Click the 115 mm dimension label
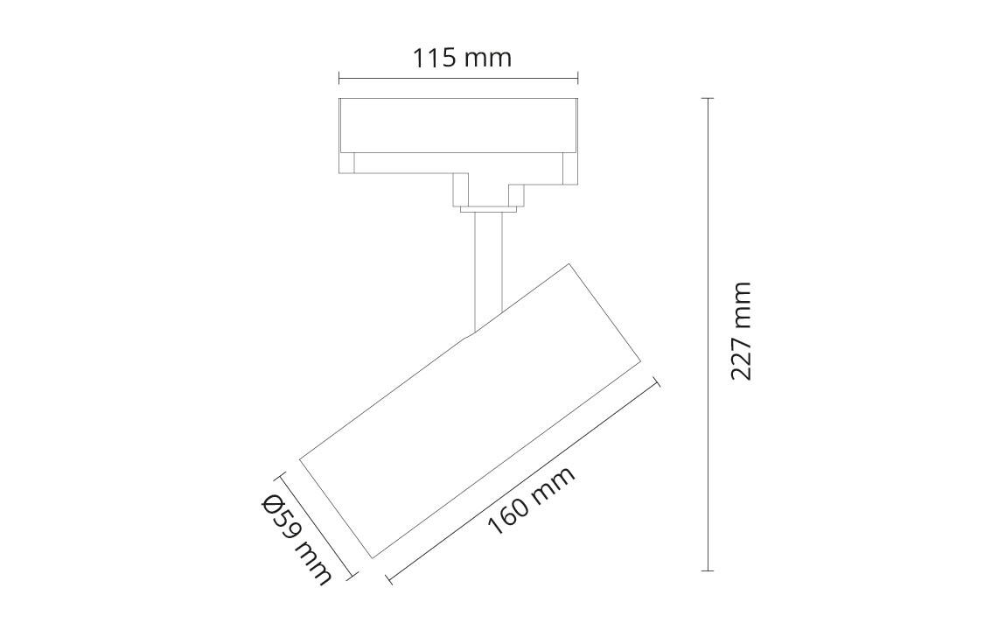[x=463, y=58]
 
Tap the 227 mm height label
[x=741, y=332]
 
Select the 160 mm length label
[x=532, y=500]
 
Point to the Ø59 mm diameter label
[x=297, y=540]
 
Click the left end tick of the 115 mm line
[x=339, y=79]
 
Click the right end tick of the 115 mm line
[x=578, y=79]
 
